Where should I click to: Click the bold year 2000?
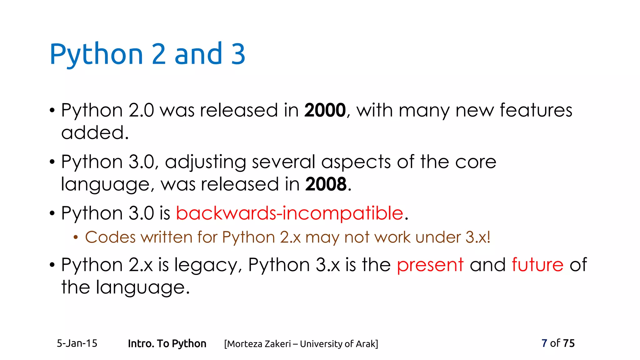[325, 110]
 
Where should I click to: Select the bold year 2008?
[326, 184]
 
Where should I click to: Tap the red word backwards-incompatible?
[289, 213]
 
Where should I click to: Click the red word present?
[430, 265]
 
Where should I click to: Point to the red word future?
[537, 265]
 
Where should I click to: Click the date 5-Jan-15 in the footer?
[77, 343]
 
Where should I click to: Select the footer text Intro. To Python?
[167, 343]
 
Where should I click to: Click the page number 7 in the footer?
[544, 343]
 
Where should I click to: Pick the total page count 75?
[568, 343]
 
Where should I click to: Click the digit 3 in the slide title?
[238, 54]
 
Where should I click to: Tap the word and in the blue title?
[198, 54]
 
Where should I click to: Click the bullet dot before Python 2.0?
[52, 111]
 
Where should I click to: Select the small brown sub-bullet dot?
[75, 238]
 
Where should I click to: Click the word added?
[94, 132]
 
